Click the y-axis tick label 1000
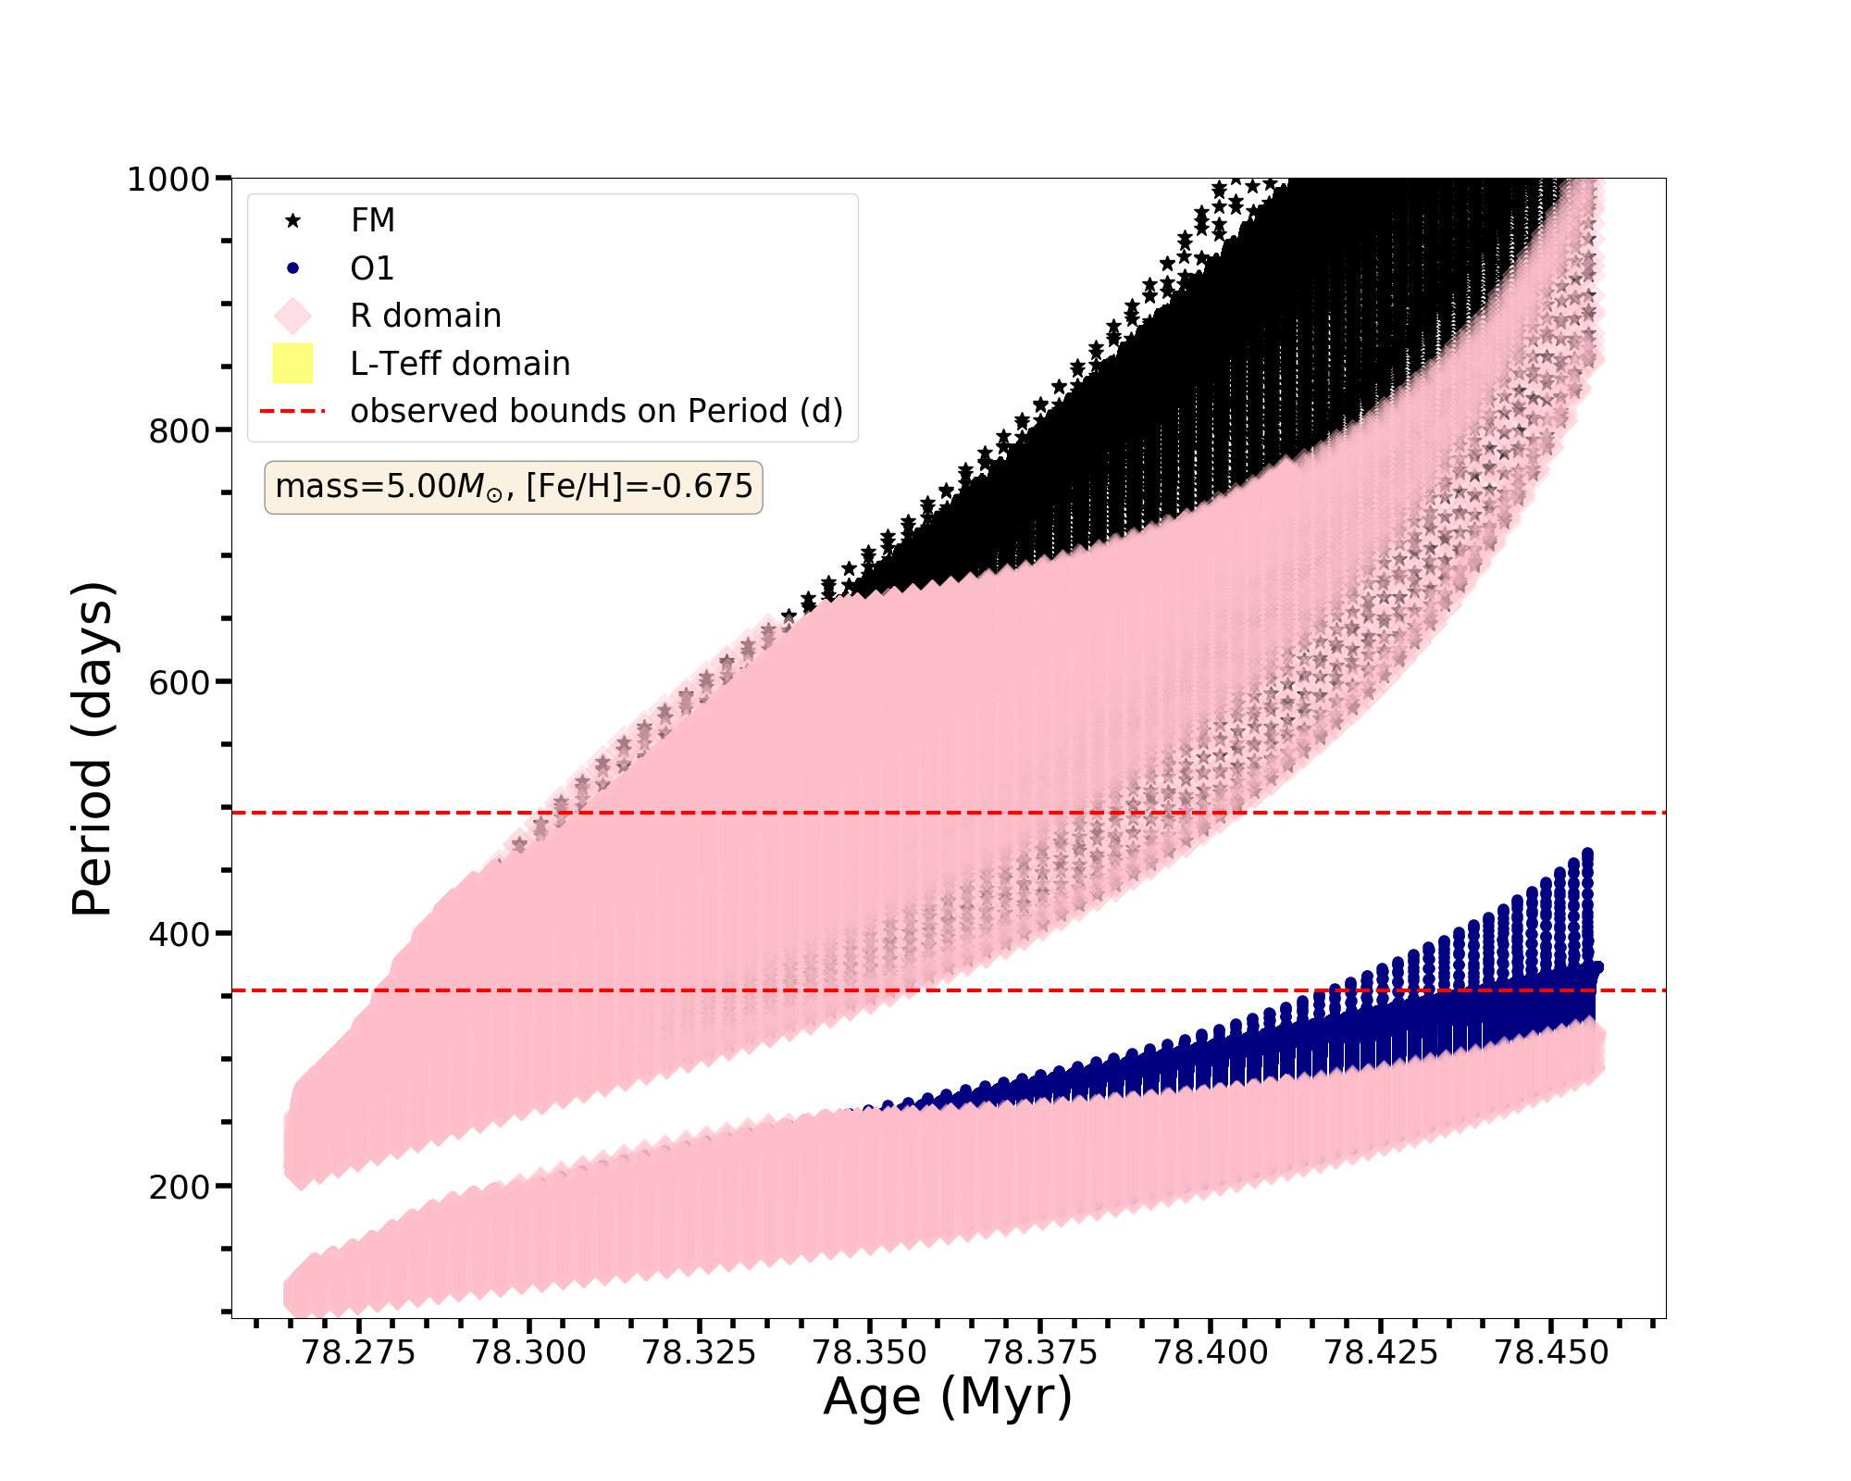[168, 179]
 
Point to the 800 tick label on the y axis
[179, 430]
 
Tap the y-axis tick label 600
[179, 682]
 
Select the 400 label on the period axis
[179, 934]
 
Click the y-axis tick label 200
[179, 1186]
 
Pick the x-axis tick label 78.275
[359, 1353]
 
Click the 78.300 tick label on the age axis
[529, 1353]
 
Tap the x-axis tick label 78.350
[870, 1353]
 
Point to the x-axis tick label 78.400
[1211, 1353]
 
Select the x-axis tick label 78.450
[1552, 1353]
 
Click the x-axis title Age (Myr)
[948, 1397]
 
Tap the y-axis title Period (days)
[93, 749]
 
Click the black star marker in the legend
[293, 220]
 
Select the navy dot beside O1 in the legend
[293, 268]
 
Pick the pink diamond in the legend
[293, 316]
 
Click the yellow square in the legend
[293, 364]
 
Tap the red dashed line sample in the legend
[293, 411]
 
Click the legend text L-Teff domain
[460, 364]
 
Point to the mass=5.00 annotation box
[514, 487]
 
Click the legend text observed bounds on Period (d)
[596, 411]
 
